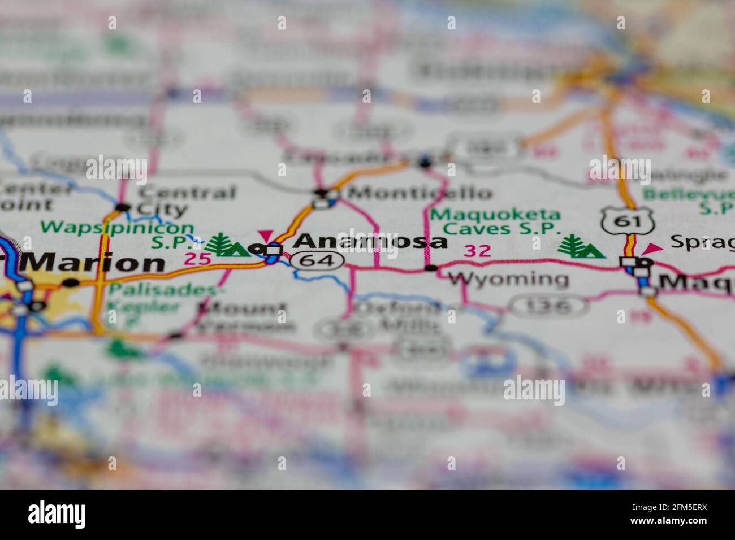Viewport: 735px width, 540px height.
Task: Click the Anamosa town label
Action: pos(371,241)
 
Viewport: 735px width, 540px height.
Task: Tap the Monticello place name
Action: pos(420,193)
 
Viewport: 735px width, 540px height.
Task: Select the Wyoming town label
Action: pos(508,278)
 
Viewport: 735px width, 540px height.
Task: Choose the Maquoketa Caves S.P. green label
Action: pos(495,222)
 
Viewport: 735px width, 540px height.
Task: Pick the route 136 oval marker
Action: pos(547,306)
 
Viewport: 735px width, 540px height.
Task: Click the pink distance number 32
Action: pos(477,251)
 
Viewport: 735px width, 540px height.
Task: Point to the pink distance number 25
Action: pos(197,259)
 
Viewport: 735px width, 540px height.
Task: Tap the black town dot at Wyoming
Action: pos(431,268)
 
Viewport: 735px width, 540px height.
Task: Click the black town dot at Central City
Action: pos(123,207)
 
